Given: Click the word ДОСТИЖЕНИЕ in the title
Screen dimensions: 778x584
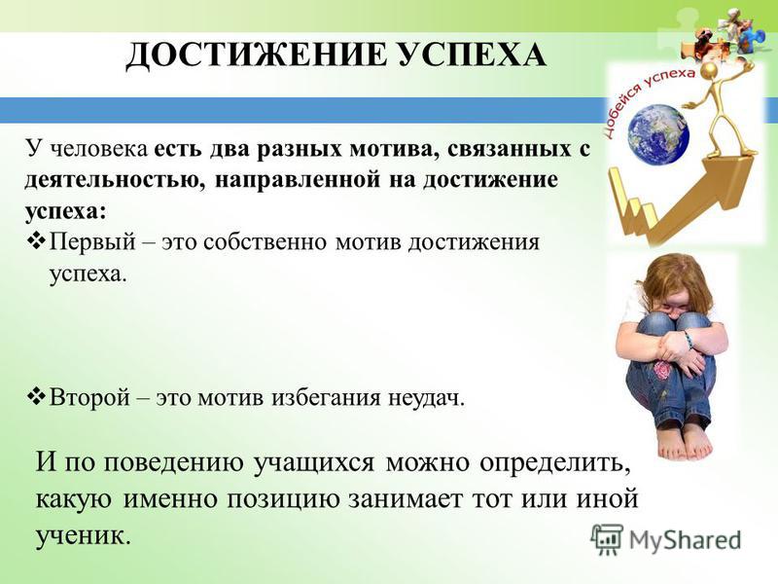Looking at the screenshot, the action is point(256,55).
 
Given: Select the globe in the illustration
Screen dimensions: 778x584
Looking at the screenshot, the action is point(658,134).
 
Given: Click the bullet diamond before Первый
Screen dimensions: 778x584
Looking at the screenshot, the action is point(37,241).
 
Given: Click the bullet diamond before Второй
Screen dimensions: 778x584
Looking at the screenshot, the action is point(37,397).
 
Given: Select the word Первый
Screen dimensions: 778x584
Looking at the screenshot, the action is point(92,242).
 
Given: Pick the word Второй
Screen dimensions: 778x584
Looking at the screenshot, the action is point(89,397).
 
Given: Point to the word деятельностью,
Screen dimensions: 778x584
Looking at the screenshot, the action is point(112,180).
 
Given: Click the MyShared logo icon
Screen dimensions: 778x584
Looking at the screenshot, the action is point(607,539).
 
